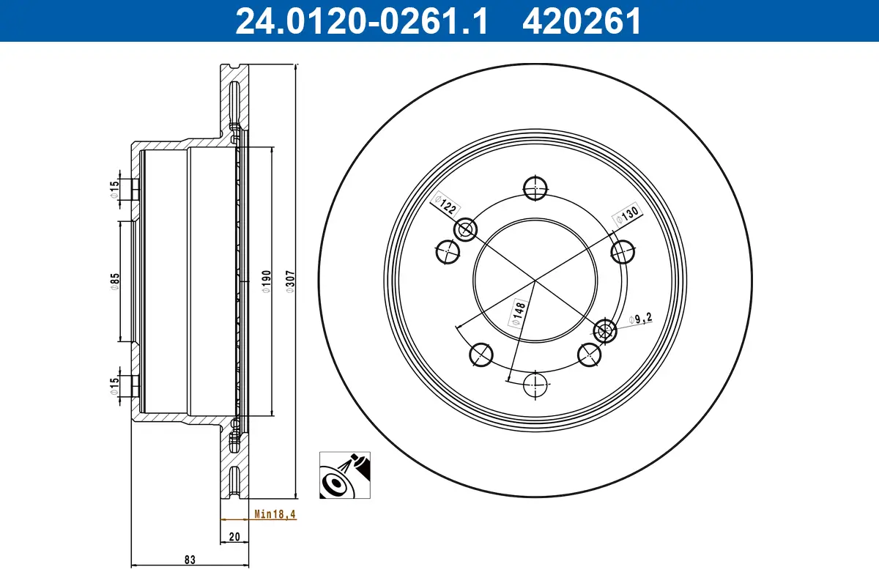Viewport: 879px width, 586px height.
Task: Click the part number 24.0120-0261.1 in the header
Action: tap(360, 21)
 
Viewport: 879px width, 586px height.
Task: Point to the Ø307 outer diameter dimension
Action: tap(289, 281)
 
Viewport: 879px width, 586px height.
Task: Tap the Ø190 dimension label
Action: tap(267, 281)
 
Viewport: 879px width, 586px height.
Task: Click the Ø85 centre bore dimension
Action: tap(115, 281)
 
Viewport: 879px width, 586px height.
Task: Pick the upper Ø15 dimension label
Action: tap(115, 190)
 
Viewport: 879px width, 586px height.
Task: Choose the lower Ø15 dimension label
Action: tap(115, 385)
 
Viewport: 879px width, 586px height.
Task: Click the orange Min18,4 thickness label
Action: tap(274, 515)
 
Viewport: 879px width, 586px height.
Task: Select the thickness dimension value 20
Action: tap(234, 537)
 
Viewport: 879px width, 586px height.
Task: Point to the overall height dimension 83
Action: tap(190, 560)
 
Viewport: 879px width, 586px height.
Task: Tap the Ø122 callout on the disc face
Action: tap(445, 204)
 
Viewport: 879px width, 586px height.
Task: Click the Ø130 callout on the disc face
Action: tap(627, 214)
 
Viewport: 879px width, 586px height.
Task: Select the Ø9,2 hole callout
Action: tap(640, 319)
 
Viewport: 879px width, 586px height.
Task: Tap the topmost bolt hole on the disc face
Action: tap(537, 188)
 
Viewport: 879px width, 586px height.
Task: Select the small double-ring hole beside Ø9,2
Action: tap(605, 331)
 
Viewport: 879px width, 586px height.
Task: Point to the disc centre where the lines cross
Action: tap(535, 280)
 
